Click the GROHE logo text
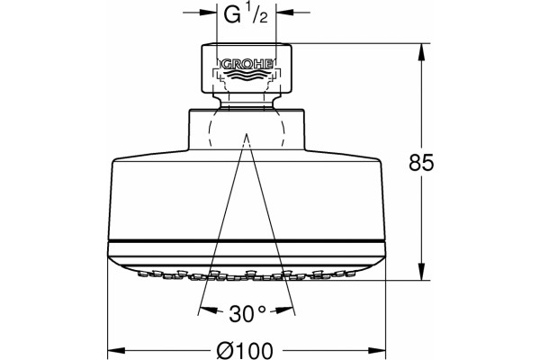[247, 64]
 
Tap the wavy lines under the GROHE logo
[247, 76]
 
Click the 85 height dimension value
[421, 163]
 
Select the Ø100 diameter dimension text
[245, 351]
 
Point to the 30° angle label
[247, 313]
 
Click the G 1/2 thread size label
[246, 14]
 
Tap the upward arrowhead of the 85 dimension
[421, 52]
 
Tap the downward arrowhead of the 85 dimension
[421, 272]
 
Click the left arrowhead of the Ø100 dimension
[116, 351]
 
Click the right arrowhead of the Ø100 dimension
[377, 351]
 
